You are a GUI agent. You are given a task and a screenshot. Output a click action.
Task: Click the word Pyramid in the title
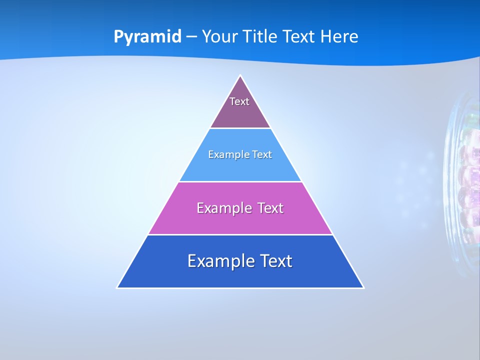click(147, 37)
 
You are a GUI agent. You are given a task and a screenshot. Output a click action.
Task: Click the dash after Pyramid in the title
click(191, 37)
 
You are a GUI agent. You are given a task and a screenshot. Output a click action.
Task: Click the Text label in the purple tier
click(239, 101)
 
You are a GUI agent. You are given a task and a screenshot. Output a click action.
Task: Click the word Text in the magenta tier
click(268, 208)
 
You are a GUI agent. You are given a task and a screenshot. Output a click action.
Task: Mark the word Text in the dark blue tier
click(274, 261)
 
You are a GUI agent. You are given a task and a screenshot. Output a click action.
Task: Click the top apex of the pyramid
click(240, 76)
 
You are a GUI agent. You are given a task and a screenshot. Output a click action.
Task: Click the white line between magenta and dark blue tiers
click(240, 234)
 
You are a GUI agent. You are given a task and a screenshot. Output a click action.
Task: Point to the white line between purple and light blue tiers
click(240, 128)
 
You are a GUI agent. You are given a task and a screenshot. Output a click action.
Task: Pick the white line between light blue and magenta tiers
click(240, 181)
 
